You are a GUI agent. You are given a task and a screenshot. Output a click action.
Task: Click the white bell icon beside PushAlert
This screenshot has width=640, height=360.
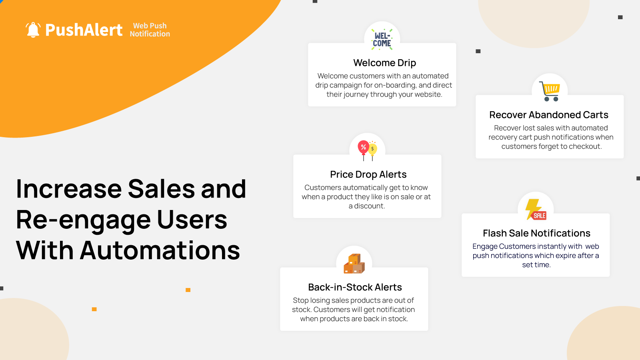[x=33, y=30]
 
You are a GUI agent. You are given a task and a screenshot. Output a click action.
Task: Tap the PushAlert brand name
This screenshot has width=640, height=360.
[x=84, y=30]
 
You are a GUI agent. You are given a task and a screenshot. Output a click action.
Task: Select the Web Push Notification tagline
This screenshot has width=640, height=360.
[x=150, y=30]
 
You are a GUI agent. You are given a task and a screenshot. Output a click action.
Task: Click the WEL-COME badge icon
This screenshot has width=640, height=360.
[x=382, y=40]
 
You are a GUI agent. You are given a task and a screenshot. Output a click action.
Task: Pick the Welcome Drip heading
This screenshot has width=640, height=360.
[x=384, y=63]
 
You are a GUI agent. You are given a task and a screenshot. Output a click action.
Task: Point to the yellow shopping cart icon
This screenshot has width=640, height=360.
[x=550, y=91]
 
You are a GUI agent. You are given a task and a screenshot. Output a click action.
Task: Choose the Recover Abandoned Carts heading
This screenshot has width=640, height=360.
[x=548, y=115]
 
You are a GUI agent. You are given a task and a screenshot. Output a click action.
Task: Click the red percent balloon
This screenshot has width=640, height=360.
[x=363, y=148]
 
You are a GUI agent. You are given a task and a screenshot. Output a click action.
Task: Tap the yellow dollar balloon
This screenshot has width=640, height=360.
[x=373, y=150]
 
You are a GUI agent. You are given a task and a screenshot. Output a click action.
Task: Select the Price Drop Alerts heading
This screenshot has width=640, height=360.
[x=368, y=174]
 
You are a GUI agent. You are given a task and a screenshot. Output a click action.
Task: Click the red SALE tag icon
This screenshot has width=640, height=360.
[x=539, y=216]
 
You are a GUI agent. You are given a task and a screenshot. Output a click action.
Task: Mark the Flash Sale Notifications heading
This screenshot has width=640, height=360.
[x=536, y=233]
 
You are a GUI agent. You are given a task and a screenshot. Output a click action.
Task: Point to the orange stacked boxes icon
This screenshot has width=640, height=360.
[x=354, y=264]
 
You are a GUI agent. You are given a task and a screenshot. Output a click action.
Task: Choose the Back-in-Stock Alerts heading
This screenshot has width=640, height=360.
[x=354, y=287]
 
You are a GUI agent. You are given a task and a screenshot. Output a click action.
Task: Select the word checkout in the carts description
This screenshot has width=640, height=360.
[x=585, y=146]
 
